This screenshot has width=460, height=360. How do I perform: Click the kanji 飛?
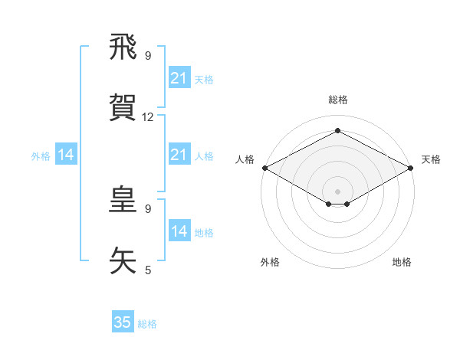click(123, 47)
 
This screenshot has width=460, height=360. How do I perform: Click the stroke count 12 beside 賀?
click(148, 117)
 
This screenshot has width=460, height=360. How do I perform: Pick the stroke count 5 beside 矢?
click(148, 270)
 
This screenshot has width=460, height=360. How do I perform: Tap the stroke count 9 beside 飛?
click(148, 56)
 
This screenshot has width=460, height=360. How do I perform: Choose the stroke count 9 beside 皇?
click(148, 208)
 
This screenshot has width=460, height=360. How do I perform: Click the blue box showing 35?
click(123, 322)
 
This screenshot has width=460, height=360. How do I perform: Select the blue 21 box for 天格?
click(179, 78)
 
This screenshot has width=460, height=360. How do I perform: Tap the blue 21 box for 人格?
click(179, 155)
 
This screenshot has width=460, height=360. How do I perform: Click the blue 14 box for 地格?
click(179, 231)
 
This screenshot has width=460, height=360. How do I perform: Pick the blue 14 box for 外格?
click(66, 155)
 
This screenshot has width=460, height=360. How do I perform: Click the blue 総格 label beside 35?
click(147, 324)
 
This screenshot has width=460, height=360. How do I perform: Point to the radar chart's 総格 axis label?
click(337, 100)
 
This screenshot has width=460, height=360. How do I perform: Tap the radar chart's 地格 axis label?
click(402, 262)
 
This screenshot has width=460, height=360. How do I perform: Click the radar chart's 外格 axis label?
click(270, 262)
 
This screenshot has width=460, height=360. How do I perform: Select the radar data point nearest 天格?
click(411, 168)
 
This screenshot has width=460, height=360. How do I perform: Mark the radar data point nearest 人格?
click(264, 168)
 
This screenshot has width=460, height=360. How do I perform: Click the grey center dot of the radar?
click(337, 191)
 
